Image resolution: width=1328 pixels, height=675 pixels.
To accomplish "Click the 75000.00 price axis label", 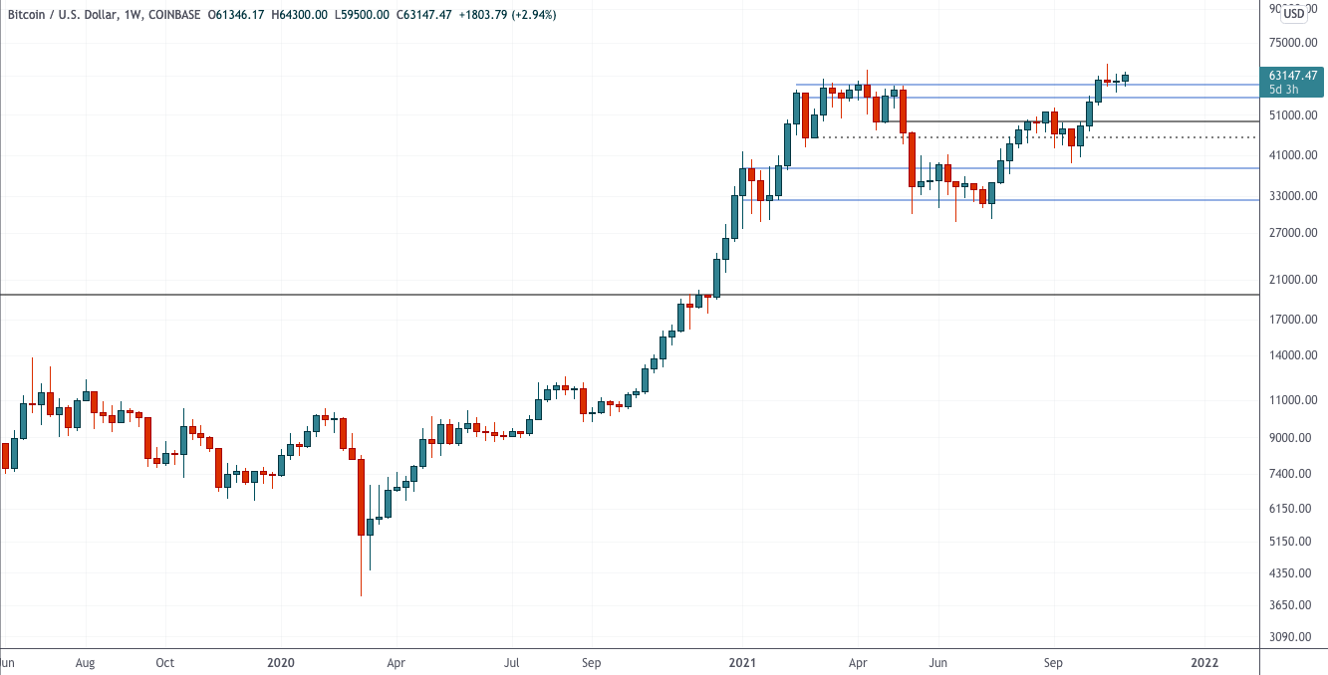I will click(1292, 43).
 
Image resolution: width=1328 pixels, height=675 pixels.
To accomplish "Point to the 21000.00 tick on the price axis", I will click(1292, 280).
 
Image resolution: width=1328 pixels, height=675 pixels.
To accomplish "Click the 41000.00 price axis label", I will click(1292, 155).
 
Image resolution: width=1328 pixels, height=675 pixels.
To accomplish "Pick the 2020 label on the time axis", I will click(281, 661).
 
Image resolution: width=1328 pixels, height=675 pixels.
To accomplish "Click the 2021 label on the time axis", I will click(742, 661).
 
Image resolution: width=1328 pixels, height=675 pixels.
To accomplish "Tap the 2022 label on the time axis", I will click(1204, 661).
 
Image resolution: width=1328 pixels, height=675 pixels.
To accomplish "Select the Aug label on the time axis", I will click(85, 661).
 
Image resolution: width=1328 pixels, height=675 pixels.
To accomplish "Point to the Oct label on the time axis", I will click(165, 661).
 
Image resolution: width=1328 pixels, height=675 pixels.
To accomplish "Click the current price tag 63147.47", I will click(1293, 76).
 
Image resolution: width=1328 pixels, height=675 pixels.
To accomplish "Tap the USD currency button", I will click(1293, 14).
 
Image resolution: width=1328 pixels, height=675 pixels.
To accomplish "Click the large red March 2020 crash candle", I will click(361, 498).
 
